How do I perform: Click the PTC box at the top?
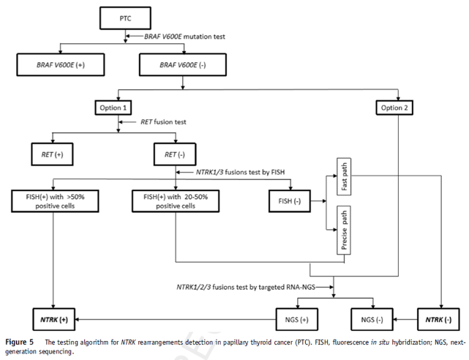click(x=125, y=17)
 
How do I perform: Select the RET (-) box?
click(x=175, y=155)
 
